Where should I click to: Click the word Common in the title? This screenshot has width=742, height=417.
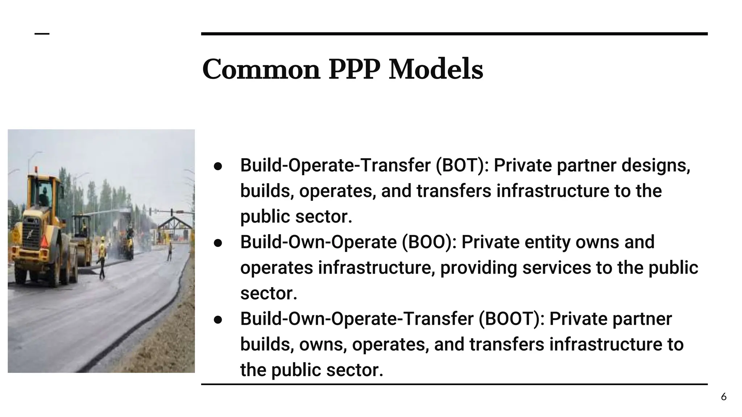click(x=261, y=69)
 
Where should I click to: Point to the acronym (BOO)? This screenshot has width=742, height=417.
click(x=429, y=242)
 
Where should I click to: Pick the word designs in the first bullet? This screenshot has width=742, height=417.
click(x=655, y=165)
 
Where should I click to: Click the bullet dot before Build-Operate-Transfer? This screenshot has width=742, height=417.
click(x=218, y=166)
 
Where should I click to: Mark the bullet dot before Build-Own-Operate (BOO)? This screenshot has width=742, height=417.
click(x=218, y=243)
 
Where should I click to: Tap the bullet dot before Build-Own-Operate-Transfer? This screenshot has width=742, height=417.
click(x=218, y=320)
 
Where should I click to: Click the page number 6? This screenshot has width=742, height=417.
click(x=724, y=397)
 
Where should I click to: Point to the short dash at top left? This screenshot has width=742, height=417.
click(x=42, y=34)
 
